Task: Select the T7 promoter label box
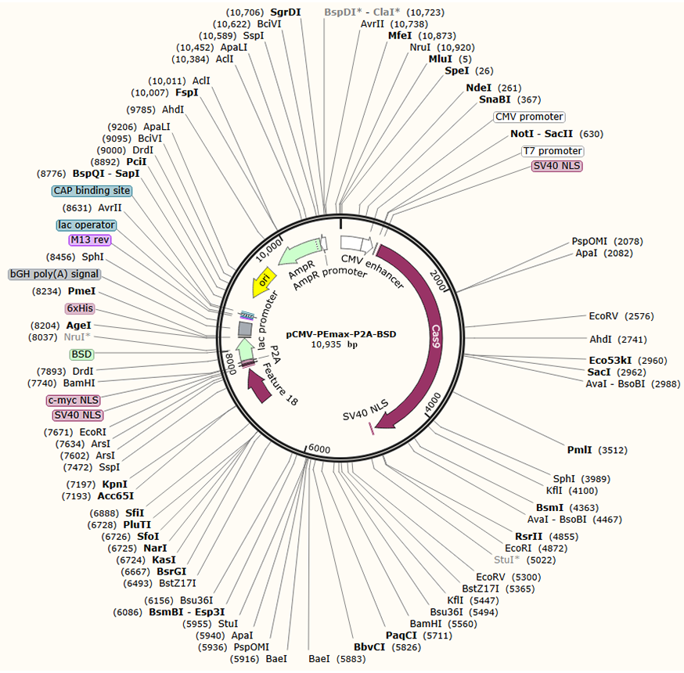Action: tap(553, 151)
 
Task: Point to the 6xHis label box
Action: tap(80, 308)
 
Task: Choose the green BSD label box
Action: tap(81, 354)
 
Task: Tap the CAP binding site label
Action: tap(92, 191)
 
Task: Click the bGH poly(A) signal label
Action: tap(54, 275)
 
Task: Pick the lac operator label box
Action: tap(86, 225)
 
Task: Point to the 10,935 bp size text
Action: tap(340, 344)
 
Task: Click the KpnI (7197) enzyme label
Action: tap(115, 484)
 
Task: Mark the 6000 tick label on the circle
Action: tap(319, 448)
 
